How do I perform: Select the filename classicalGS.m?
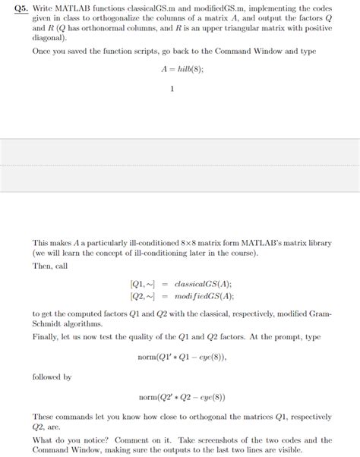tap(147, 7)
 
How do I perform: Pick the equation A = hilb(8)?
tap(180, 68)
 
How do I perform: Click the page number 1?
tap(173, 90)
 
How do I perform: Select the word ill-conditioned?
tap(133, 243)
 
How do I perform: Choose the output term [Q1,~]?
tap(144, 284)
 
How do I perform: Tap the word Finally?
tap(47, 336)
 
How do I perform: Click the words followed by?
tap(52, 377)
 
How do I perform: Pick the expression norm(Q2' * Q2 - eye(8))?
tap(182, 397)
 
